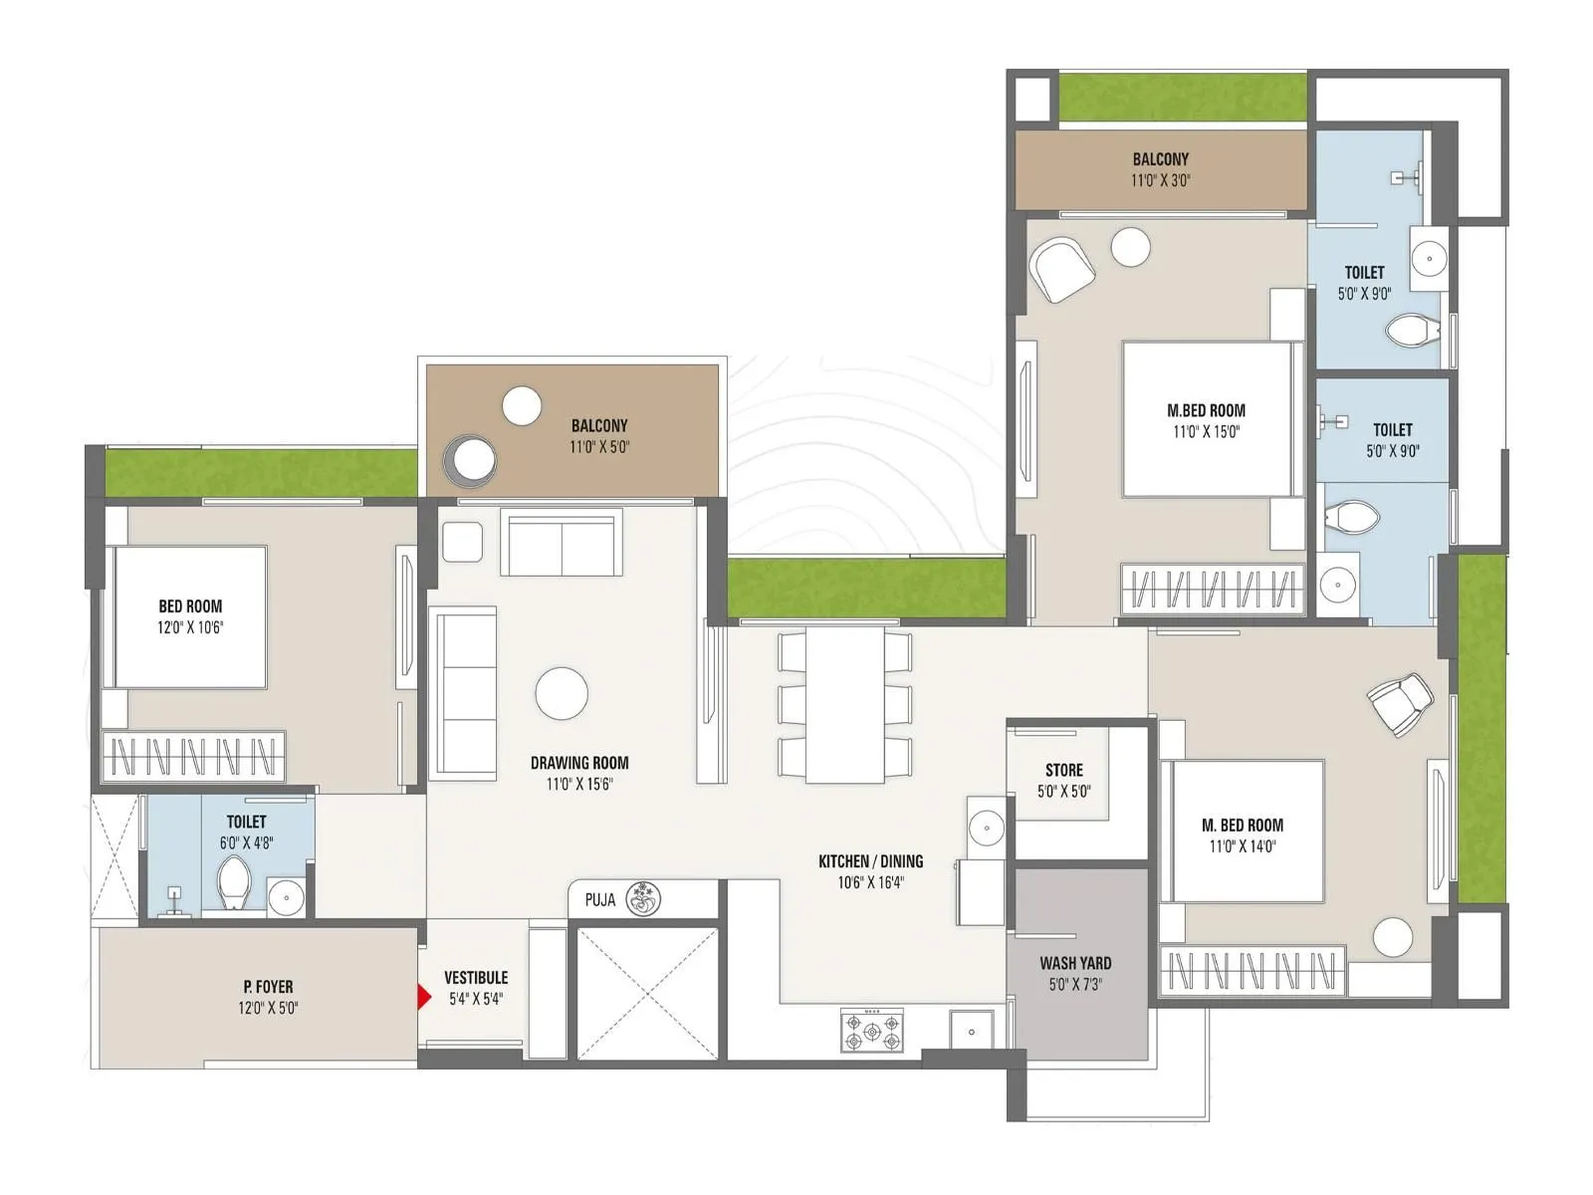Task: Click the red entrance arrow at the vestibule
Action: (x=423, y=997)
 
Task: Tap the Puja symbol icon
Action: (x=643, y=899)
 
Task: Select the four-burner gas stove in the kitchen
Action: (x=872, y=1031)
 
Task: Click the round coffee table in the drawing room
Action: (x=562, y=693)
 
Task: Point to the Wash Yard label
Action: (x=1075, y=963)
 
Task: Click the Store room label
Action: (x=1063, y=770)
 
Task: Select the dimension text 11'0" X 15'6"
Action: (x=579, y=784)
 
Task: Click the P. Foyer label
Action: (x=268, y=987)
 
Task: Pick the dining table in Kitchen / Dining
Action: (x=845, y=704)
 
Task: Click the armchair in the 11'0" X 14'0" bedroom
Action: (x=1400, y=702)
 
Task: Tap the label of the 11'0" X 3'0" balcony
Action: (x=1160, y=159)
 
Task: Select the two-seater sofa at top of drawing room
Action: (x=562, y=543)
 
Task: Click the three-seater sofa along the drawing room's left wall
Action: (x=463, y=694)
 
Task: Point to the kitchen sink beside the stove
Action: (x=971, y=1031)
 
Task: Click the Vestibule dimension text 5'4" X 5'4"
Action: (x=476, y=999)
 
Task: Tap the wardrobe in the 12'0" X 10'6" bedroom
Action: (x=193, y=757)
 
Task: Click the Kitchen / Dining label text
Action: (x=870, y=861)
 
